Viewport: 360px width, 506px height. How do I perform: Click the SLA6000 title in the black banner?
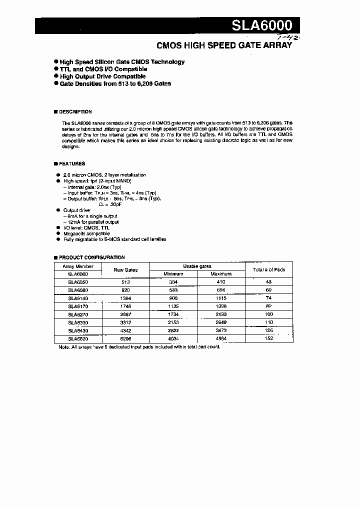click(x=265, y=25)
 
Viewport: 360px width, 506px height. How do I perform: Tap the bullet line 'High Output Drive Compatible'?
click(x=102, y=76)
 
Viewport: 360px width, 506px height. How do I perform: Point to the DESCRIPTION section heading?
click(x=75, y=112)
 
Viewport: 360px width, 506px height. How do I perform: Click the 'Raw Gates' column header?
click(x=125, y=270)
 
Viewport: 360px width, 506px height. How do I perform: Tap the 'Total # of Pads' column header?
click(x=269, y=270)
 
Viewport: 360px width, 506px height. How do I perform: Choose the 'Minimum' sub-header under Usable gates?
click(x=173, y=274)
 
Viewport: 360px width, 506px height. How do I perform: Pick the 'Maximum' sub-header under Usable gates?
click(x=221, y=274)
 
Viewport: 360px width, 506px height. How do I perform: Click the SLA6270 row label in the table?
click(x=77, y=314)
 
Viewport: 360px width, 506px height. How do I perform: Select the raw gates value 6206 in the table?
click(x=125, y=338)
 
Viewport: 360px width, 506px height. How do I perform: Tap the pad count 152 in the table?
click(x=269, y=338)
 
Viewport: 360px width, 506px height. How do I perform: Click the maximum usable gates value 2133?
click(x=221, y=314)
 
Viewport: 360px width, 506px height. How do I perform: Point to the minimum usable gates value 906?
click(x=173, y=298)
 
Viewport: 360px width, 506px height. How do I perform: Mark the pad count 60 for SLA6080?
click(x=269, y=290)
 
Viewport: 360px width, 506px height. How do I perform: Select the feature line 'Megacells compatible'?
click(x=86, y=233)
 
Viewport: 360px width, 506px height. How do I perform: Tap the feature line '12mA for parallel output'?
click(x=92, y=221)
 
